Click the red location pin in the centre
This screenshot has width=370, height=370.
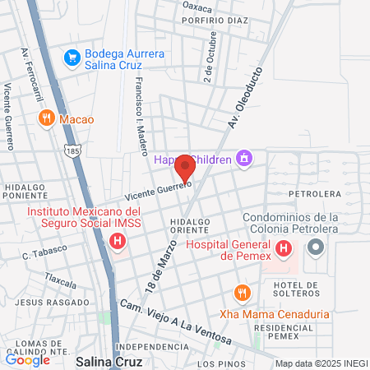(x=184, y=167)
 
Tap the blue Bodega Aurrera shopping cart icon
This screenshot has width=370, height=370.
(x=72, y=58)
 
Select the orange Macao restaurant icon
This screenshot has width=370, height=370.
(x=46, y=118)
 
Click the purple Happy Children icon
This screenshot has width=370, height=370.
(x=243, y=158)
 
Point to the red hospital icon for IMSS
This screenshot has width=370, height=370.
(x=118, y=242)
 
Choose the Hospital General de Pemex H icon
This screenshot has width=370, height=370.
(x=284, y=247)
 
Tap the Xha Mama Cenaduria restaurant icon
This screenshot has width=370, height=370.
(x=241, y=293)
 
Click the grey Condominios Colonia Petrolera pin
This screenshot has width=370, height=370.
(x=315, y=247)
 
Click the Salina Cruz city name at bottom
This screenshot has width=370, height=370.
(x=109, y=361)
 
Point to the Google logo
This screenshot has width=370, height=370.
(x=27, y=359)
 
